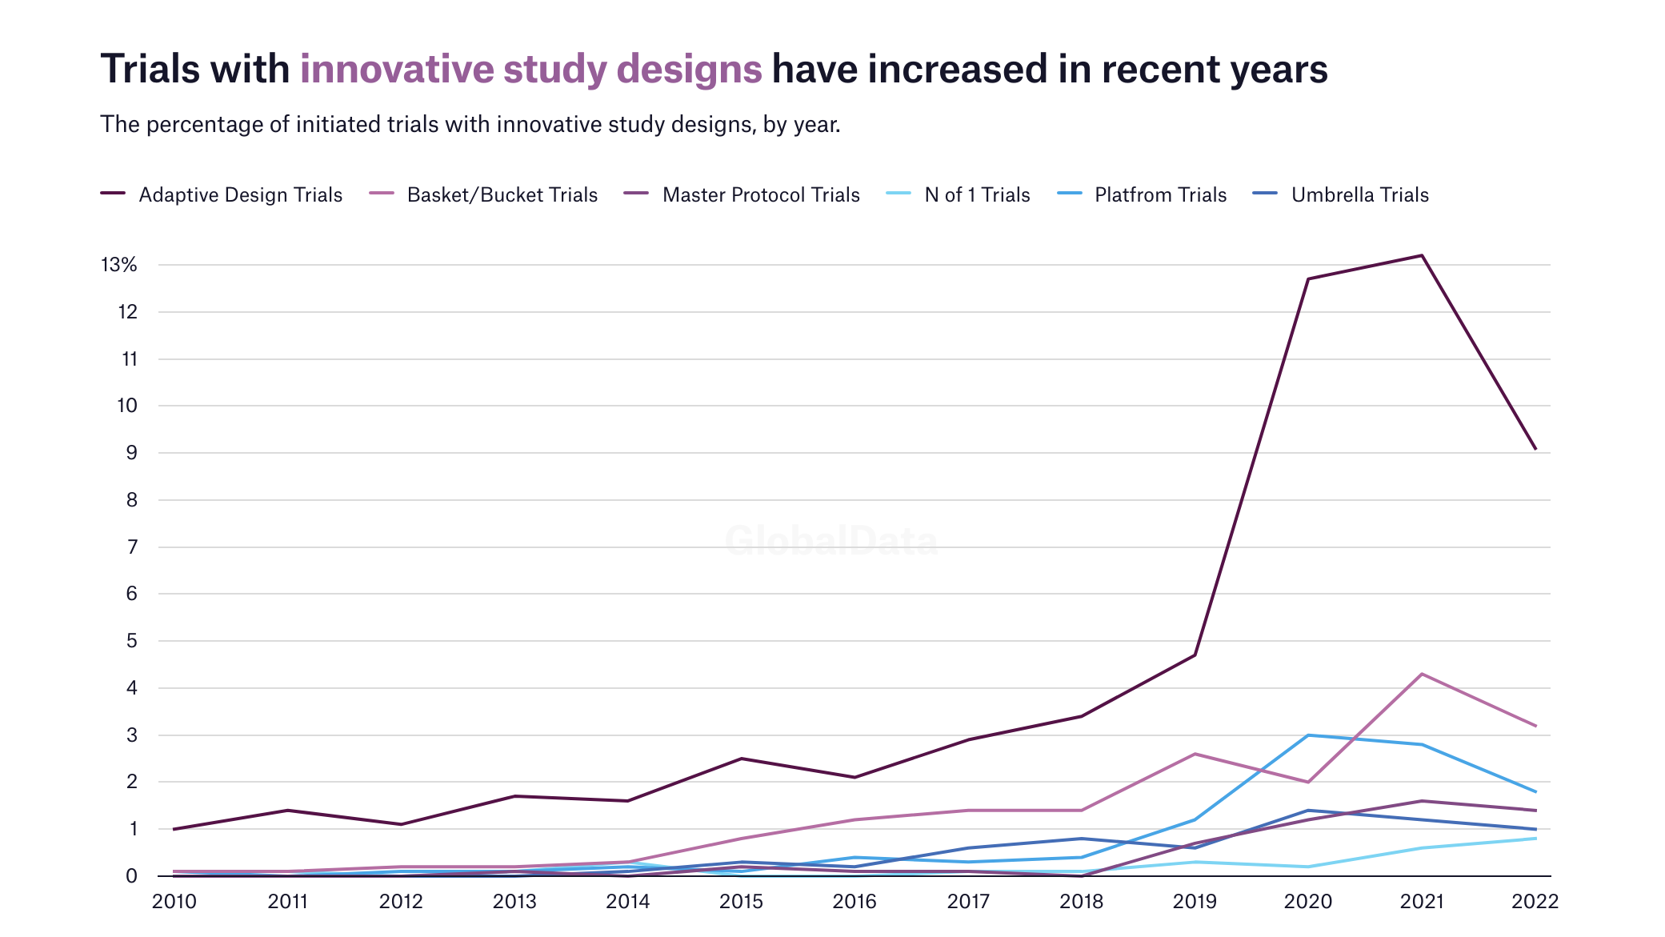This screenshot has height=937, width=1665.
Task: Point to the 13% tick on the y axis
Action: tap(119, 265)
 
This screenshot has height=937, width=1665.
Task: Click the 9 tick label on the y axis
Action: tap(131, 453)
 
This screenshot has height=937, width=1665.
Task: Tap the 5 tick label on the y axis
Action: tap(131, 641)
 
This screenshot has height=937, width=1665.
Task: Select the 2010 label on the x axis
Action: tap(174, 902)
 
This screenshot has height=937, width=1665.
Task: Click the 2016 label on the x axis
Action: tap(855, 902)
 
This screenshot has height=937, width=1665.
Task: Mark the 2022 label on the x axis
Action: tap(1535, 902)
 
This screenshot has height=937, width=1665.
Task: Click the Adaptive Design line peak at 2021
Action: tap(1422, 255)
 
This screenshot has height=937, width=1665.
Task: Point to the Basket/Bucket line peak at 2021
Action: tap(1422, 674)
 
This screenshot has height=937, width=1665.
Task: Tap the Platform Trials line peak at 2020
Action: tap(1308, 735)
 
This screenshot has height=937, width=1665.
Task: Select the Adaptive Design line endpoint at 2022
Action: tap(1535, 449)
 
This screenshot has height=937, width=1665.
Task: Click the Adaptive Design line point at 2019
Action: tap(1195, 655)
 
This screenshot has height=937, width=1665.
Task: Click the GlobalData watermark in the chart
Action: tap(831, 542)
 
